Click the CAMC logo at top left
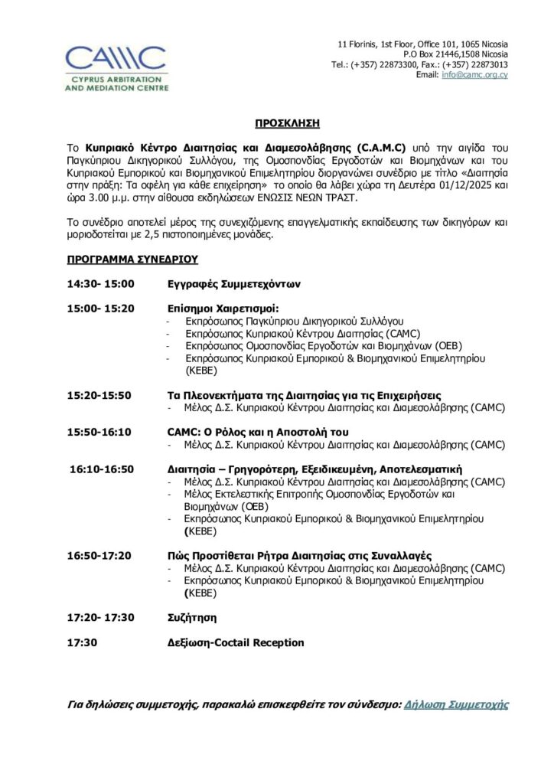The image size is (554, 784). (x=116, y=67)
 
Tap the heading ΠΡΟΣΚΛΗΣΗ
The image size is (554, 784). (x=287, y=123)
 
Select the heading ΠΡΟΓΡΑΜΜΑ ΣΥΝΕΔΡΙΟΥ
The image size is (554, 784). (x=133, y=260)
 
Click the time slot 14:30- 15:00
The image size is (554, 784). (x=100, y=284)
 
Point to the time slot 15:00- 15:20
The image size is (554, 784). (x=100, y=309)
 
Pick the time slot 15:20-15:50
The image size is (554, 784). (x=99, y=395)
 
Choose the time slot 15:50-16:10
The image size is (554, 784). (x=99, y=432)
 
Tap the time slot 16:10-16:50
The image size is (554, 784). (x=101, y=469)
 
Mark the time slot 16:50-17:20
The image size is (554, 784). (x=99, y=555)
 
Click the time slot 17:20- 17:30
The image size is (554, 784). (x=100, y=617)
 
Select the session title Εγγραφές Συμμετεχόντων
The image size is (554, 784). (x=233, y=284)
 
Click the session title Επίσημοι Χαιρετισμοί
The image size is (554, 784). (x=218, y=309)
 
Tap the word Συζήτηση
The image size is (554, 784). (x=192, y=617)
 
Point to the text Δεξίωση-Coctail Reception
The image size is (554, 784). (x=236, y=642)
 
